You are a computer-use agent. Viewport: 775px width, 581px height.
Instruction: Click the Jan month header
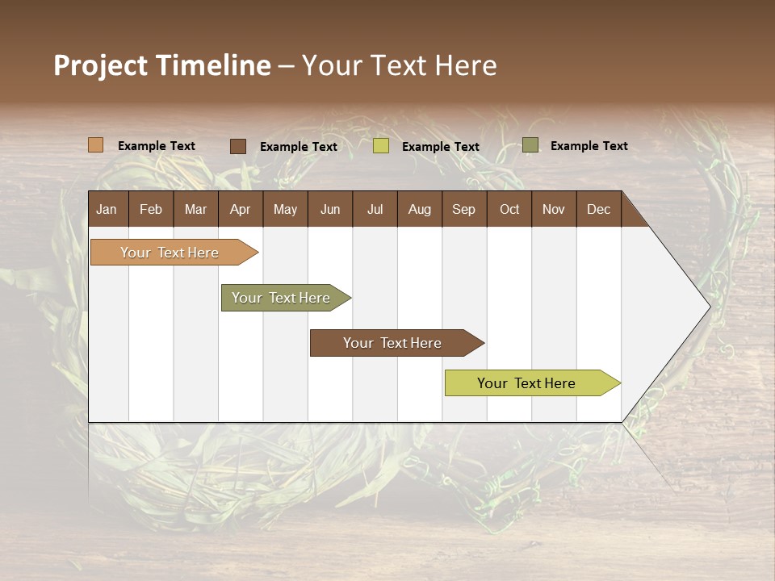click(x=107, y=209)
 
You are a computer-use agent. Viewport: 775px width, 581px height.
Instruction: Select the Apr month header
click(x=240, y=209)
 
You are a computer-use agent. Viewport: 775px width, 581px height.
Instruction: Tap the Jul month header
click(x=375, y=209)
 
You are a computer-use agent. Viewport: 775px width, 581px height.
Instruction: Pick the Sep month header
click(x=463, y=209)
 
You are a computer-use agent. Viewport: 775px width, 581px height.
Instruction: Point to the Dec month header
click(x=598, y=209)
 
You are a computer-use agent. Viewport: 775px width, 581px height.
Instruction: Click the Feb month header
click(x=151, y=209)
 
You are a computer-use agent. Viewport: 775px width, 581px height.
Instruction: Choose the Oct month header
click(x=509, y=209)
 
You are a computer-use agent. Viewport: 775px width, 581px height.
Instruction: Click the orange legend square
click(x=96, y=145)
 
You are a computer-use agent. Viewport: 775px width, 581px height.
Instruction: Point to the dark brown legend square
click(x=238, y=146)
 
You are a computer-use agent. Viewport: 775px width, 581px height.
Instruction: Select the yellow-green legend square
click(x=381, y=146)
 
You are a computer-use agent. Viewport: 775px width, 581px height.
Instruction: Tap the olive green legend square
click(x=530, y=145)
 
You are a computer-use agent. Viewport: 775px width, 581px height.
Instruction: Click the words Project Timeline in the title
click(x=162, y=65)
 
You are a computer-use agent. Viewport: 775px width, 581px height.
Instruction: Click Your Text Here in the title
click(x=399, y=65)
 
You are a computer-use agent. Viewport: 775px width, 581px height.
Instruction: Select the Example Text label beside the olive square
click(x=589, y=146)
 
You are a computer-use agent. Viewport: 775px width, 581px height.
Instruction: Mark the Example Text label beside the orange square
click(x=157, y=146)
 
